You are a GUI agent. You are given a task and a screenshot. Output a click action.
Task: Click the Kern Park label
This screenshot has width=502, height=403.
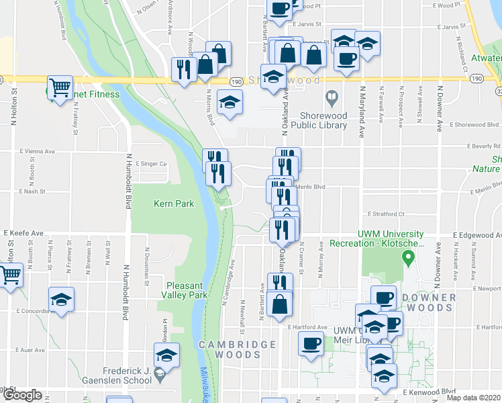[x=168, y=204]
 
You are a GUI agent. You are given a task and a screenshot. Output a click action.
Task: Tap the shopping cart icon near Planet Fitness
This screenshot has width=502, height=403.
[x=60, y=87]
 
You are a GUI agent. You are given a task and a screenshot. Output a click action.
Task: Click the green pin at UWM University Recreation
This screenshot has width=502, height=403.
[x=407, y=257]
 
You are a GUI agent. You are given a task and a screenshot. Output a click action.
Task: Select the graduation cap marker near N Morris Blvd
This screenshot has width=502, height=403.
[x=230, y=103]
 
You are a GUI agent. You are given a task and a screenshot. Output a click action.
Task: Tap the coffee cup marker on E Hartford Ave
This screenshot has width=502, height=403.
[x=310, y=344]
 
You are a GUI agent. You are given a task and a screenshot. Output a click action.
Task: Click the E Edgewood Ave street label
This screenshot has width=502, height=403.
[x=476, y=235]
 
